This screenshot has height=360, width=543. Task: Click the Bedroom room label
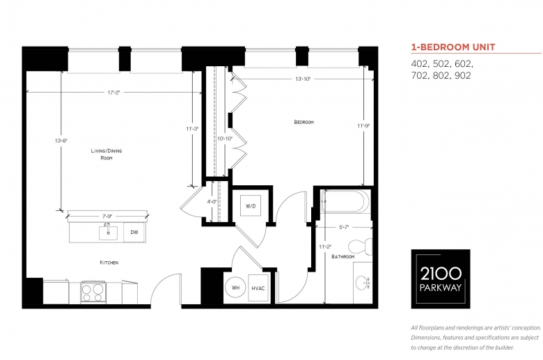pyautogui.click(x=304, y=122)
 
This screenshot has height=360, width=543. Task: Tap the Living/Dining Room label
pyautogui.click(x=107, y=154)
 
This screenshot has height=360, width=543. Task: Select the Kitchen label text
pyautogui.click(x=109, y=263)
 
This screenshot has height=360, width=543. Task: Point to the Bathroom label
pyautogui.click(x=343, y=257)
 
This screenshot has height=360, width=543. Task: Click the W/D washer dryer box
pyautogui.click(x=251, y=206)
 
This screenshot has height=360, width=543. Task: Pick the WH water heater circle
pyautogui.click(x=235, y=288)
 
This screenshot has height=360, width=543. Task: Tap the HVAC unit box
pyautogui.click(x=258, y=288)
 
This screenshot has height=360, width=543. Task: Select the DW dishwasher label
pyautogui.click(x=134, y=232)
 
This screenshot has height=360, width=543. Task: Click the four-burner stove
pyautogui.click(x=93, y=292)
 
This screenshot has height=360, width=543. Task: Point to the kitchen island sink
pyautogui.click(x=108, y=233)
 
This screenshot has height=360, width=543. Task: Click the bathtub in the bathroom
pyautogui.click(x=345, y=201)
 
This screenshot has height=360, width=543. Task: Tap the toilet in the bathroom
pyautogui.click(x=360, y=246)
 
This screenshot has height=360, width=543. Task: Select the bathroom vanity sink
pyautogui.click(x=363, y=283)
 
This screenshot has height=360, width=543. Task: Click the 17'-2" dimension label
pyautogui.click(x=113, y=93)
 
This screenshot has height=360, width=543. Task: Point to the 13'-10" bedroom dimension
pyautogui.click(x=303, y=79)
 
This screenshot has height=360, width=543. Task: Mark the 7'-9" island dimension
pyautogui.click(x=107, y=216)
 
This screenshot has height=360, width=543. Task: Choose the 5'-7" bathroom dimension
pyautogui.click(x=343, y=227)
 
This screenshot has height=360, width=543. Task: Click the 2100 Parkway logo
pyautogui.click(x=441, y=279)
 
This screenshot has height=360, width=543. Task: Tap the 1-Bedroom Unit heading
pyautogui.click(x=453, y=47)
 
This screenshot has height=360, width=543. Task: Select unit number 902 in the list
pyautogui.click(x=463, y=75)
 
